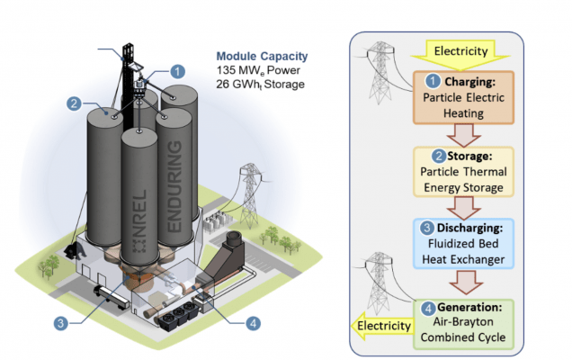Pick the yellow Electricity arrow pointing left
(x=381, y=325)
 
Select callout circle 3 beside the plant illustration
(x=59, y=322)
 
